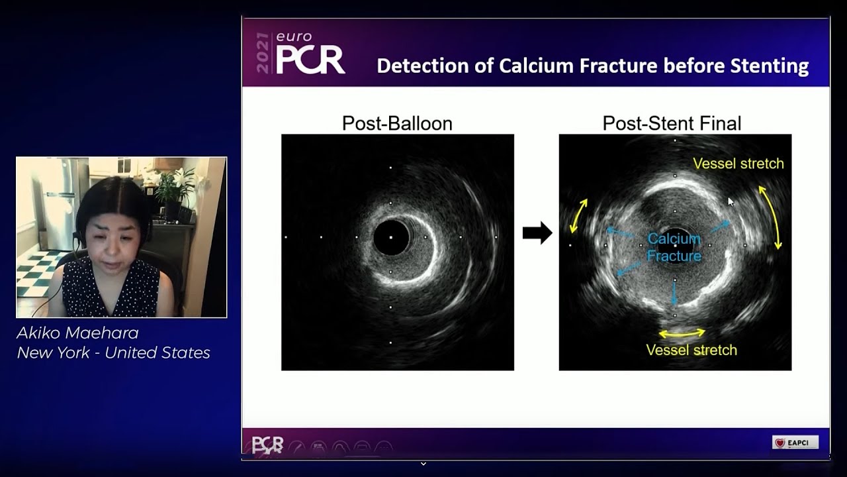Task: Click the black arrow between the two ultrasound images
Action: coord(537,233)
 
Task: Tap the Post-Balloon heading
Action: coord(397,123)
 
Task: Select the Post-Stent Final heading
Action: coord(672,123)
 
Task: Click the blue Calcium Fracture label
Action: coord(674,247)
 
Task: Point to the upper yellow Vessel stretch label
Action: coord(738,164)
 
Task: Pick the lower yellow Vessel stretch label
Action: coord(691,350)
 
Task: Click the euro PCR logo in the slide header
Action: coord(310,54)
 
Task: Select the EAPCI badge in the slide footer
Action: coord(795,443)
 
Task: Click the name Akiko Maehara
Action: coord(77,333)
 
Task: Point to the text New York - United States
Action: coord(113,353)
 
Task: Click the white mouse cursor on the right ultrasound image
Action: coord(731,201)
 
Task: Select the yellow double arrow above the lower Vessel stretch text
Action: coord(682,333)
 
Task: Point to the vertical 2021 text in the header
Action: coord(263,53)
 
